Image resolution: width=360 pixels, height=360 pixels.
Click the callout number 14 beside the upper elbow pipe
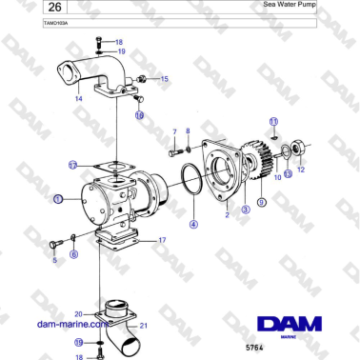coord(79,98)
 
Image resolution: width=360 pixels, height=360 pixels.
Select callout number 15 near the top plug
coord(164,79)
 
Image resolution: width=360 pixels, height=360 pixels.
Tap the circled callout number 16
coord(139,115)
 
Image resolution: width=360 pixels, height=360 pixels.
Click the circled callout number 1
coord(58,199)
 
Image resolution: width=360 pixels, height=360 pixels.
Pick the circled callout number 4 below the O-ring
coord(193,225)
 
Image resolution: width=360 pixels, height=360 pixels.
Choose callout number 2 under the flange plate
coord(227,216)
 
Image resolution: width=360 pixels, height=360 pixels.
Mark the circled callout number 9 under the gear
coord(262,201)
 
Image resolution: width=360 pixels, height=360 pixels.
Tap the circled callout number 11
coord(272,122)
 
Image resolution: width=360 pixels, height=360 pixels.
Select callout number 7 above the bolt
coord(174,130)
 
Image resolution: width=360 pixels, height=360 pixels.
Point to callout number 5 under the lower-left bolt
coord(54,259)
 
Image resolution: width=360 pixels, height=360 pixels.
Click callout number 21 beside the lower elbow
coord(146,326)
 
